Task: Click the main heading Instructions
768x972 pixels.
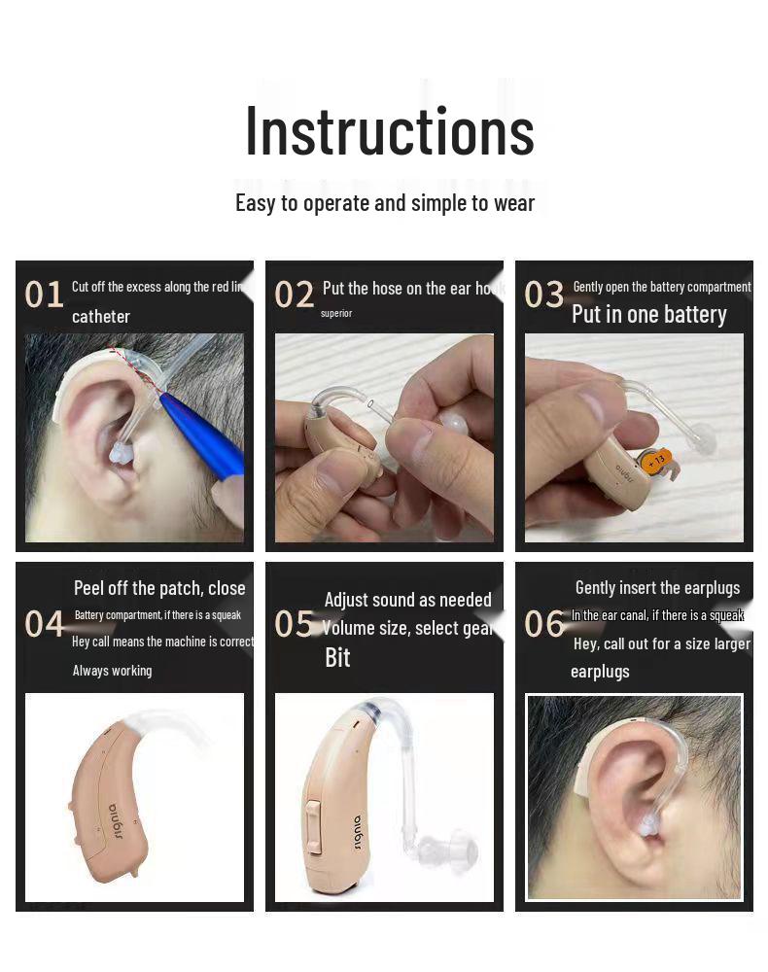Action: (389, 131)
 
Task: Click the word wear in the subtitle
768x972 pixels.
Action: (514, 203)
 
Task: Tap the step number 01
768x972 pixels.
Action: (44, 295)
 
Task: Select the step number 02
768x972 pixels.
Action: (294, 295)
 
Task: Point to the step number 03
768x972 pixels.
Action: (543, 295)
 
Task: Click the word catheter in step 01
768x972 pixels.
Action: (100, 317)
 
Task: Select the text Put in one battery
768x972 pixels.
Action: (648, 315)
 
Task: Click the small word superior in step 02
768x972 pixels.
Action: (336, 313)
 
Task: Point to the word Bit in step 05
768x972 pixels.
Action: (337, 658)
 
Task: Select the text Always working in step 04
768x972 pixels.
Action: (112, 671)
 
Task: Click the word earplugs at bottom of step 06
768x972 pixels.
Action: (600, 672)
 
